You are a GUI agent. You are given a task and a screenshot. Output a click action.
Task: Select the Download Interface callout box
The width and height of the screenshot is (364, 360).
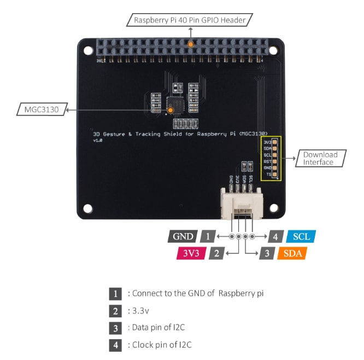(x=320, y=158)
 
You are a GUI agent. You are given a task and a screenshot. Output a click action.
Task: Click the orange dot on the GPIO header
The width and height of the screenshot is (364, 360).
(x=190, y=43)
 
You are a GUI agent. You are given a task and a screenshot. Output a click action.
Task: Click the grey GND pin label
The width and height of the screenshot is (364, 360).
(x=183, y=236)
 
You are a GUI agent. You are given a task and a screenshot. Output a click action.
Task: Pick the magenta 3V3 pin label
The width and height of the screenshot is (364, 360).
(x=190, y=253)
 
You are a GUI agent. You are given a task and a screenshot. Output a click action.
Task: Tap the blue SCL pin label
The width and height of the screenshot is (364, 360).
(x=301, y=236)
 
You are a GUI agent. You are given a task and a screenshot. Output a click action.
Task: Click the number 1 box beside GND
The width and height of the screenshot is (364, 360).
(x=207, y=236)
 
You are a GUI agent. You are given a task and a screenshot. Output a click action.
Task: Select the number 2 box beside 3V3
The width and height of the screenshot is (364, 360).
(x=216, y=253)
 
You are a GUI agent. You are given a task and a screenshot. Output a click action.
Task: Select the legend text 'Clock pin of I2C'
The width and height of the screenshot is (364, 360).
(x=161, y=345)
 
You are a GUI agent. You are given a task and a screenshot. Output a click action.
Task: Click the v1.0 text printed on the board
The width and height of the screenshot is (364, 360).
(x=98, y=141)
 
